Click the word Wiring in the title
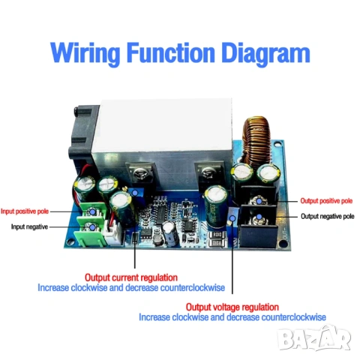(85, 52)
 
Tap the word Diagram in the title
(265, 52)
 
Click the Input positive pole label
(25, 211)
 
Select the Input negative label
(29, 226)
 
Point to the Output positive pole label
(326, 201)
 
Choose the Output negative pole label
(328, 216)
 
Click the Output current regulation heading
(131, 277)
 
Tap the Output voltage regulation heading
(232, 307)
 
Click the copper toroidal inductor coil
(256, 141)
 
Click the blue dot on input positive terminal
(92, 211)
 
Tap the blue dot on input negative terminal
(92, 227)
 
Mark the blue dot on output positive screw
(259, 201)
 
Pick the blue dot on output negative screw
(259, 217)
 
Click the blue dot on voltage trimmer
(232, 218)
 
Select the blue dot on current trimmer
(135, 193)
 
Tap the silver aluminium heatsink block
(163, 133)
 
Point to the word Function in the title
(171, 52)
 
